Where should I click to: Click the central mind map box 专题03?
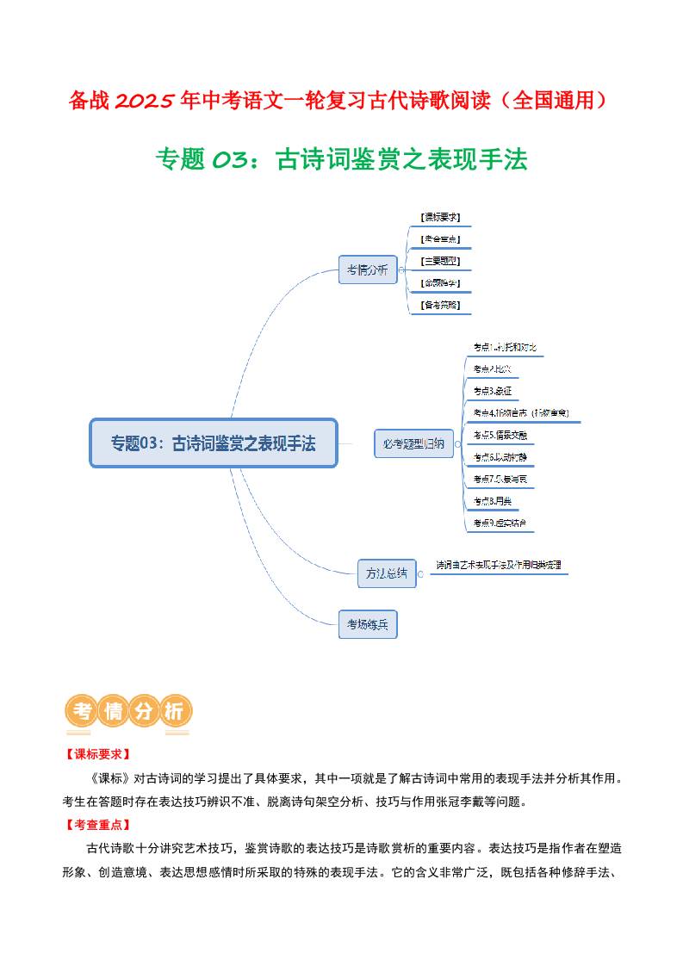214,443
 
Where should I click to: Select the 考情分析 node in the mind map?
367,269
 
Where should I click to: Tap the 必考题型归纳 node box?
413,443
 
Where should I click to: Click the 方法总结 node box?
387,573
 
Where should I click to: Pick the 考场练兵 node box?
368,624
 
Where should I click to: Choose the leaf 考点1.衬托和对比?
505,347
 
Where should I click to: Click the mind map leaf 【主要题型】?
440,261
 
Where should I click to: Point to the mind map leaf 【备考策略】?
440,305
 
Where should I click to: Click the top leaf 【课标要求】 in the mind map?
440,218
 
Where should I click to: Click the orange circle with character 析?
175,712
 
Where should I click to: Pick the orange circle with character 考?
82,712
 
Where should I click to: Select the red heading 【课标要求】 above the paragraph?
96,754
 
